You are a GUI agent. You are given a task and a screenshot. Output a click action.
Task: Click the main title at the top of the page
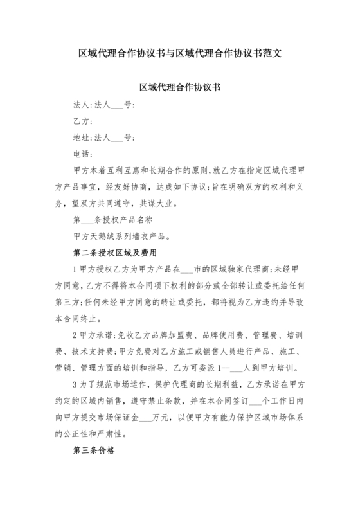(179, 53)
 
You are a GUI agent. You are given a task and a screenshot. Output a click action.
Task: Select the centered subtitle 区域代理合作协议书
(179, 86)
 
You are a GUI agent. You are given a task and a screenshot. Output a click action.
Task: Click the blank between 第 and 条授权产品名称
(90, 220)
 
